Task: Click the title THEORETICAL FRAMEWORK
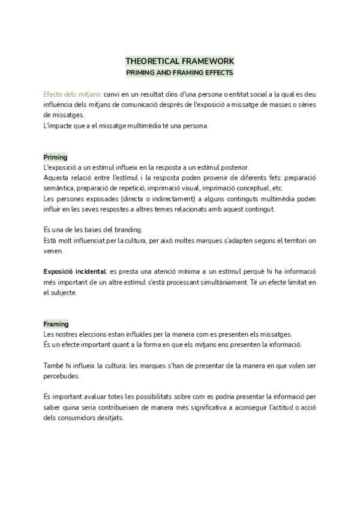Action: coord(180,61)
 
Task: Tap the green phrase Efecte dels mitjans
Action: coord(72,95)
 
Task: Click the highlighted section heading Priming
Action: coord(56,157)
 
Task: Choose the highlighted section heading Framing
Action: coord(56,324)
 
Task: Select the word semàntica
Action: coord(59,188)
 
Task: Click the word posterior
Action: coord(233,167)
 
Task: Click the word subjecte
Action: coord(64,293)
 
